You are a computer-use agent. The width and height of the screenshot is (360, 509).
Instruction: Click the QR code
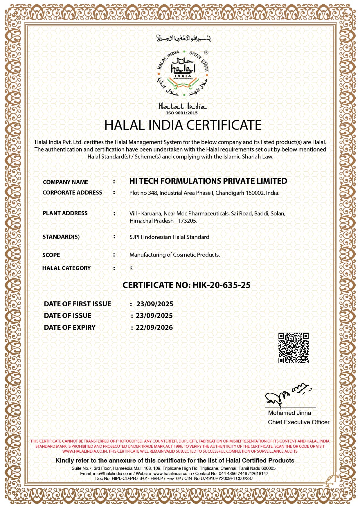[x=293, y=348]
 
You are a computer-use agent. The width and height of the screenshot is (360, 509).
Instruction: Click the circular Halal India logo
[x=183, y=73]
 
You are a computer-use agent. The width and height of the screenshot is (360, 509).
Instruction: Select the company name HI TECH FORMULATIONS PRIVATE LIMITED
[x=208, y=181]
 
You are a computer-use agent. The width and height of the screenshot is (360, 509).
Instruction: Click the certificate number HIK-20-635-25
[x=221, y=285]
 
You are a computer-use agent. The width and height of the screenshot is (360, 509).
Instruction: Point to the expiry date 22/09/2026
[x=154, y=328]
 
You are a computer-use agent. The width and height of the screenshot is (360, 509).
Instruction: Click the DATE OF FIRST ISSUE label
[x=78, y=304]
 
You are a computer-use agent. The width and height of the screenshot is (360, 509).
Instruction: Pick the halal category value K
[x=131, y=268]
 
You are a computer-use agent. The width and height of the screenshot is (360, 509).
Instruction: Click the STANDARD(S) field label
[x=61, y=237]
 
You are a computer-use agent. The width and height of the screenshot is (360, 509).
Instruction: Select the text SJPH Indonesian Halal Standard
[x=169, y=237]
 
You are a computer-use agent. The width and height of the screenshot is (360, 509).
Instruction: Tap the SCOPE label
[x=51, y=255]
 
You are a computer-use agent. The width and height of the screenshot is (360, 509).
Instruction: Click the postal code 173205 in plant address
[x=188, y=221]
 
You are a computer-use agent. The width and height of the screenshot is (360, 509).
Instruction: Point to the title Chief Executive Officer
[x=298, y=422]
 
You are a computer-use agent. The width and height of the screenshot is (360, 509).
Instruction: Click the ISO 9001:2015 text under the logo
[x=182, y=113]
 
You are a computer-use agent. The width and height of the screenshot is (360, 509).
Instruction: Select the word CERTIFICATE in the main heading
[x=224, y=125]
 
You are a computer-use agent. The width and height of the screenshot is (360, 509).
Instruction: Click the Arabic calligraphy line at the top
[x=183, y=38]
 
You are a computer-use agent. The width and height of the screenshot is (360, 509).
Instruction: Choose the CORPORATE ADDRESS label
[x=72, y=193]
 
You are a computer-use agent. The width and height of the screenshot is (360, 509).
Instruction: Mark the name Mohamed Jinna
[x=289, y=413]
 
